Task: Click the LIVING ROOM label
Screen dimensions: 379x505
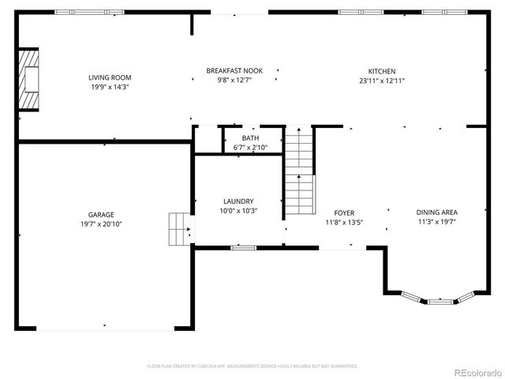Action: (110, 77)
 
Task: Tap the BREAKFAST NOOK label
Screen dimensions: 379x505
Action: (234, 71)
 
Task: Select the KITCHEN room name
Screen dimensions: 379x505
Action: (382, 71)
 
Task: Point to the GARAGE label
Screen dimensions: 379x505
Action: (101, 215)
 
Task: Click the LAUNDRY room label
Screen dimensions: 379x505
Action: (238, 201)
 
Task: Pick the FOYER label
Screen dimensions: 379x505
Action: (344, 213)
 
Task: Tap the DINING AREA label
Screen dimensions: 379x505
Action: (437, 212)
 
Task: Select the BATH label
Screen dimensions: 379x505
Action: (250, 138)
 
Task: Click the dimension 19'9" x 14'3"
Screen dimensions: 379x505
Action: (110, 88)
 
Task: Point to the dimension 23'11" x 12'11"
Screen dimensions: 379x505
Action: (382, 81)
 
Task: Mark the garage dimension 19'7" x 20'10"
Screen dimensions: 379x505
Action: (101, 224)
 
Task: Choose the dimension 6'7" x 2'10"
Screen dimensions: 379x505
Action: (250, 148)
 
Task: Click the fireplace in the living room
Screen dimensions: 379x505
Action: (29, 80)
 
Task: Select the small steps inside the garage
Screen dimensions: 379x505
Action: (180, 229)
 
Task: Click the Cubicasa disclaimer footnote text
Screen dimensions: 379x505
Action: (252, 366)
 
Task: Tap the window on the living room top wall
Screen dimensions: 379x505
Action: (88, 12)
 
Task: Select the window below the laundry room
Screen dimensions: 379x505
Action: (243, 248)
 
